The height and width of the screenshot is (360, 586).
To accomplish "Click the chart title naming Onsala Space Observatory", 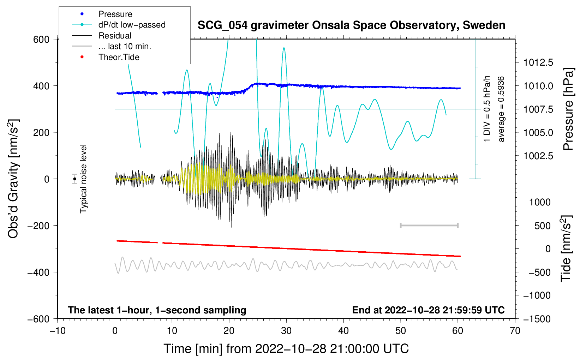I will pyautogui.click(x=351, y=25).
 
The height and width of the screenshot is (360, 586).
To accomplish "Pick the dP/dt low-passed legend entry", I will pyautogui.click(x=132, y=25).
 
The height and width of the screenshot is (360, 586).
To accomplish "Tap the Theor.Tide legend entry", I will pyautogui.click(x=119, y=57).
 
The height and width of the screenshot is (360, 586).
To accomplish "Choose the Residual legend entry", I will pyautogui.click(x=115, y=36).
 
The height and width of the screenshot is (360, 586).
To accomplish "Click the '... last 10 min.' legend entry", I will pyautogui.click(x=125, y=46).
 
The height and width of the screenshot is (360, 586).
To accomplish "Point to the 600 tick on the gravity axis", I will pyautogui.click(x=41, y=39).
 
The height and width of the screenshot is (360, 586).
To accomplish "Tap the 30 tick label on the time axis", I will pyautogui.click(x=286, y=331).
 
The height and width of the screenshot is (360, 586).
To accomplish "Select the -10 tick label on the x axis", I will pyautogui.click(x=58, y=331).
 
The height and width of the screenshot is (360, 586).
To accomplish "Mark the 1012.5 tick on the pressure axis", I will pyautogui.click(x=538, y=62).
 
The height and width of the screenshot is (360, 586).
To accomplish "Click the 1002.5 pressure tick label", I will pyautogui.click(x=538, y=156).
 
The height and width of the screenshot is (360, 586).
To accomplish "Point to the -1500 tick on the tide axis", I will pyautogui.click(x=537, y=319).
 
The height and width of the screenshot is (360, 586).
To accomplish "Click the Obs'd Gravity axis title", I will pyautogui.click(x=13, y=179).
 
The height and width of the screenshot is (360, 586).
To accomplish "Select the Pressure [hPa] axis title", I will pyautogui.click(x=568, y=109).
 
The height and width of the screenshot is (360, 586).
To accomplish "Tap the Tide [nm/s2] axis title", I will pyautogui.click(x=566, y=248).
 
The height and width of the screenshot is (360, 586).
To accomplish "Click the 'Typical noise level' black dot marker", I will pyautogui.click(x=75, y=179).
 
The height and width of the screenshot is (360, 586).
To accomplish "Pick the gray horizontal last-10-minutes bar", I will pyautogui.click(x=429, y=225).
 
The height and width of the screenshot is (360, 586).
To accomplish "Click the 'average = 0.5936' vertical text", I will pyautogui.click(x=501, y=109).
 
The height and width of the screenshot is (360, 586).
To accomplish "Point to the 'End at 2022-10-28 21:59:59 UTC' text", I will pyautogui.click(x=428, y=310).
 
